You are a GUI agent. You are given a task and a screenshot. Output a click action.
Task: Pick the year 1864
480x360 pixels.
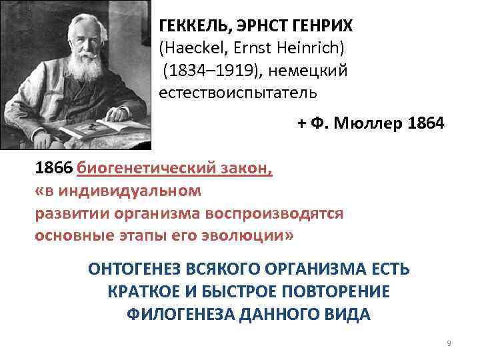[x=421, y=124]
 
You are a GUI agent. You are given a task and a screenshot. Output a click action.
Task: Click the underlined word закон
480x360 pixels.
[x=248, y=169]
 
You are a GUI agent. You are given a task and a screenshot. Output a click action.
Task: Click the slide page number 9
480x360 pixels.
[x=449, y=343]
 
